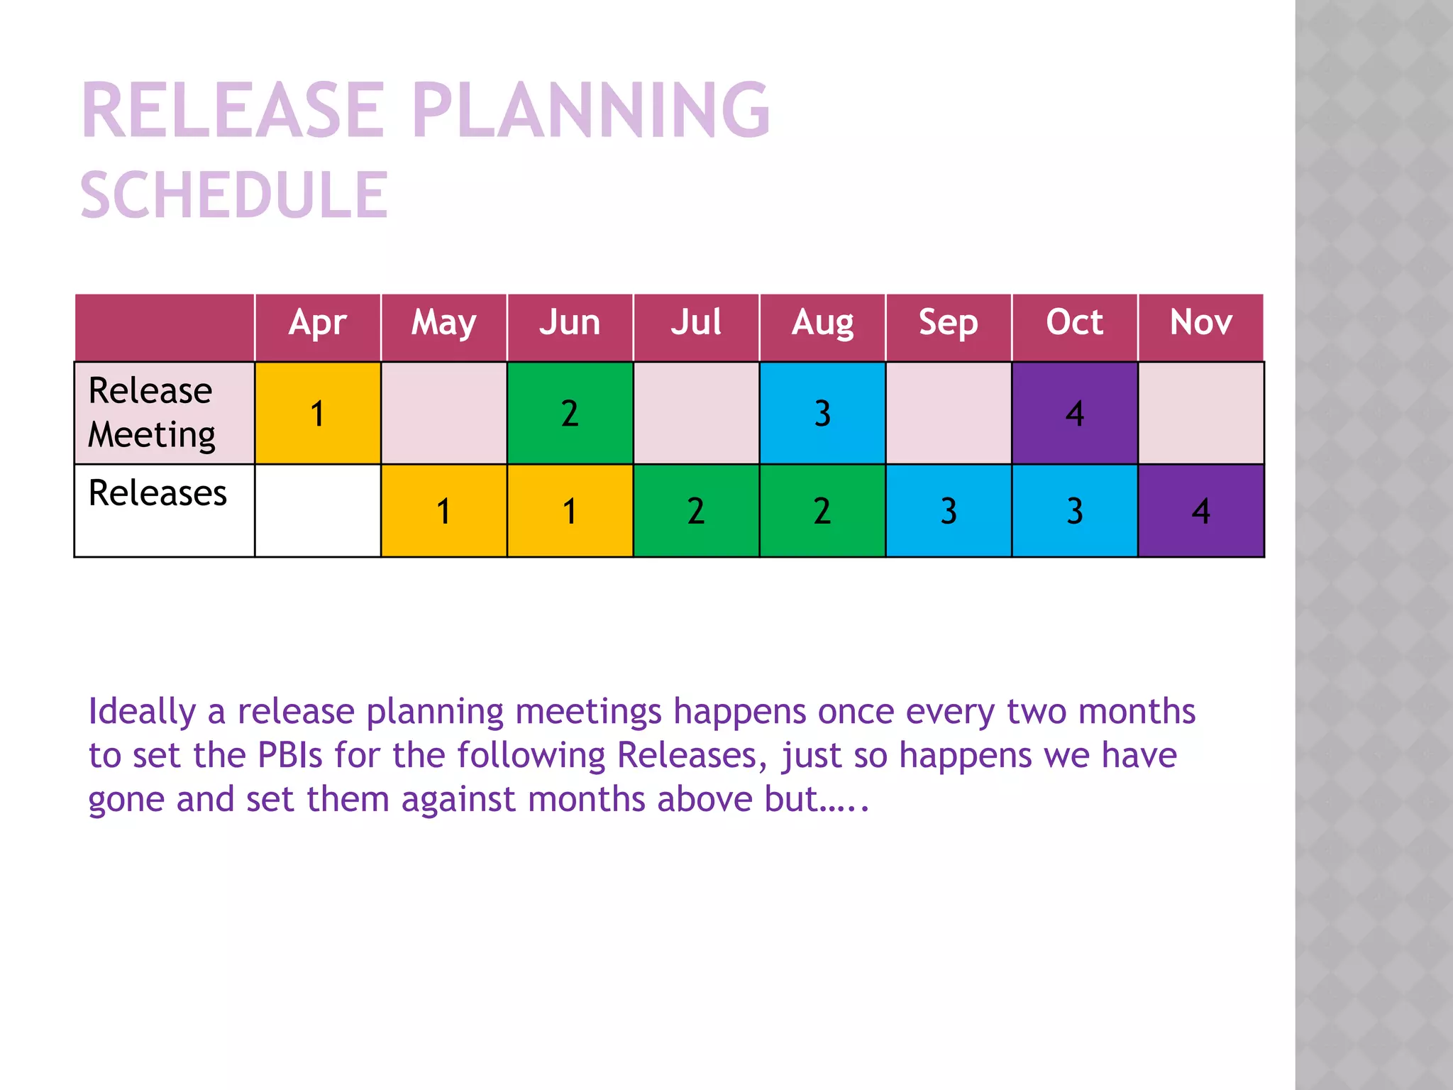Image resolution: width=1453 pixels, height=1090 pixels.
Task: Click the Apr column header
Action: [317, 323]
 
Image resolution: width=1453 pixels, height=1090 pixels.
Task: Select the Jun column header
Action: [570, 323]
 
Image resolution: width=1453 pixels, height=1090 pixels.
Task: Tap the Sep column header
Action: [949, 323]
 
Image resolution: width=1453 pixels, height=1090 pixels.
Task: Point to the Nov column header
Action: [1200, 323]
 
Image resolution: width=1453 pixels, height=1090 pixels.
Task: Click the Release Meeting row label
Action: [152, 412]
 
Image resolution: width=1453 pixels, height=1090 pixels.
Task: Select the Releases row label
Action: [158, 493]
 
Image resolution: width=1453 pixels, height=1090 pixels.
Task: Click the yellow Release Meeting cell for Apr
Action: [317, 413]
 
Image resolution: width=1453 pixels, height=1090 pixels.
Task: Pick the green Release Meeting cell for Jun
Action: [570, 413]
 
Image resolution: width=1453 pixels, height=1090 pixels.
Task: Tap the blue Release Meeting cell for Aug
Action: [822, 413]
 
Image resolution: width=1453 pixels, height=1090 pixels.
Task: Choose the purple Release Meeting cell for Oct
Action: [1075, 413]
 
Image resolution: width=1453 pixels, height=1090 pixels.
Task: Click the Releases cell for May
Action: [443, 511]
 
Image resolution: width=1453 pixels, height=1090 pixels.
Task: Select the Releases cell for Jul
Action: [696, 511]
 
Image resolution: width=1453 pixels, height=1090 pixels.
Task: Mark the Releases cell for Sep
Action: [949, 511]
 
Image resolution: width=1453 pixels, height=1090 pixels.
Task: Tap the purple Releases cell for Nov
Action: [1201, 511]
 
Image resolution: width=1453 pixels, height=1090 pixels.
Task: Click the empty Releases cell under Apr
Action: [317, 511]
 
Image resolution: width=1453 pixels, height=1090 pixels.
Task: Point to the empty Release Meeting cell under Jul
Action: [696, 413]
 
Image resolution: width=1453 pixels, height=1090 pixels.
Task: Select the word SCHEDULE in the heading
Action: [234, 195]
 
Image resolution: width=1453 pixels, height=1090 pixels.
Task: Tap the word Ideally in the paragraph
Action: [142, 712]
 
